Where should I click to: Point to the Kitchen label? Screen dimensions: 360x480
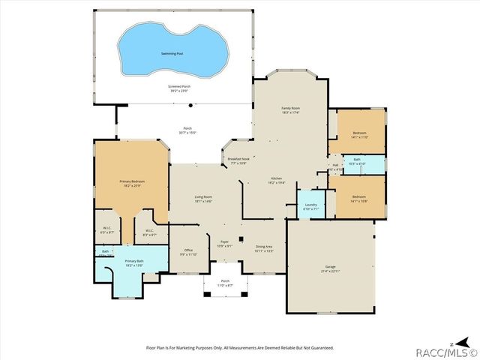[x=275, y=179]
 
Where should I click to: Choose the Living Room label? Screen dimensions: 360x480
[x=203, y=199]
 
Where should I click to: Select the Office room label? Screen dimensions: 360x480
[x=187, y=253]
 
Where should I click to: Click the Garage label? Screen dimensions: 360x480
[x=330, y=268]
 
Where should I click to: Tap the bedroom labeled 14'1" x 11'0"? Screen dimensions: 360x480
[x=360, y=135]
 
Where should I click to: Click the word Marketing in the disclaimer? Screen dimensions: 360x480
[x=188, y=348]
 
